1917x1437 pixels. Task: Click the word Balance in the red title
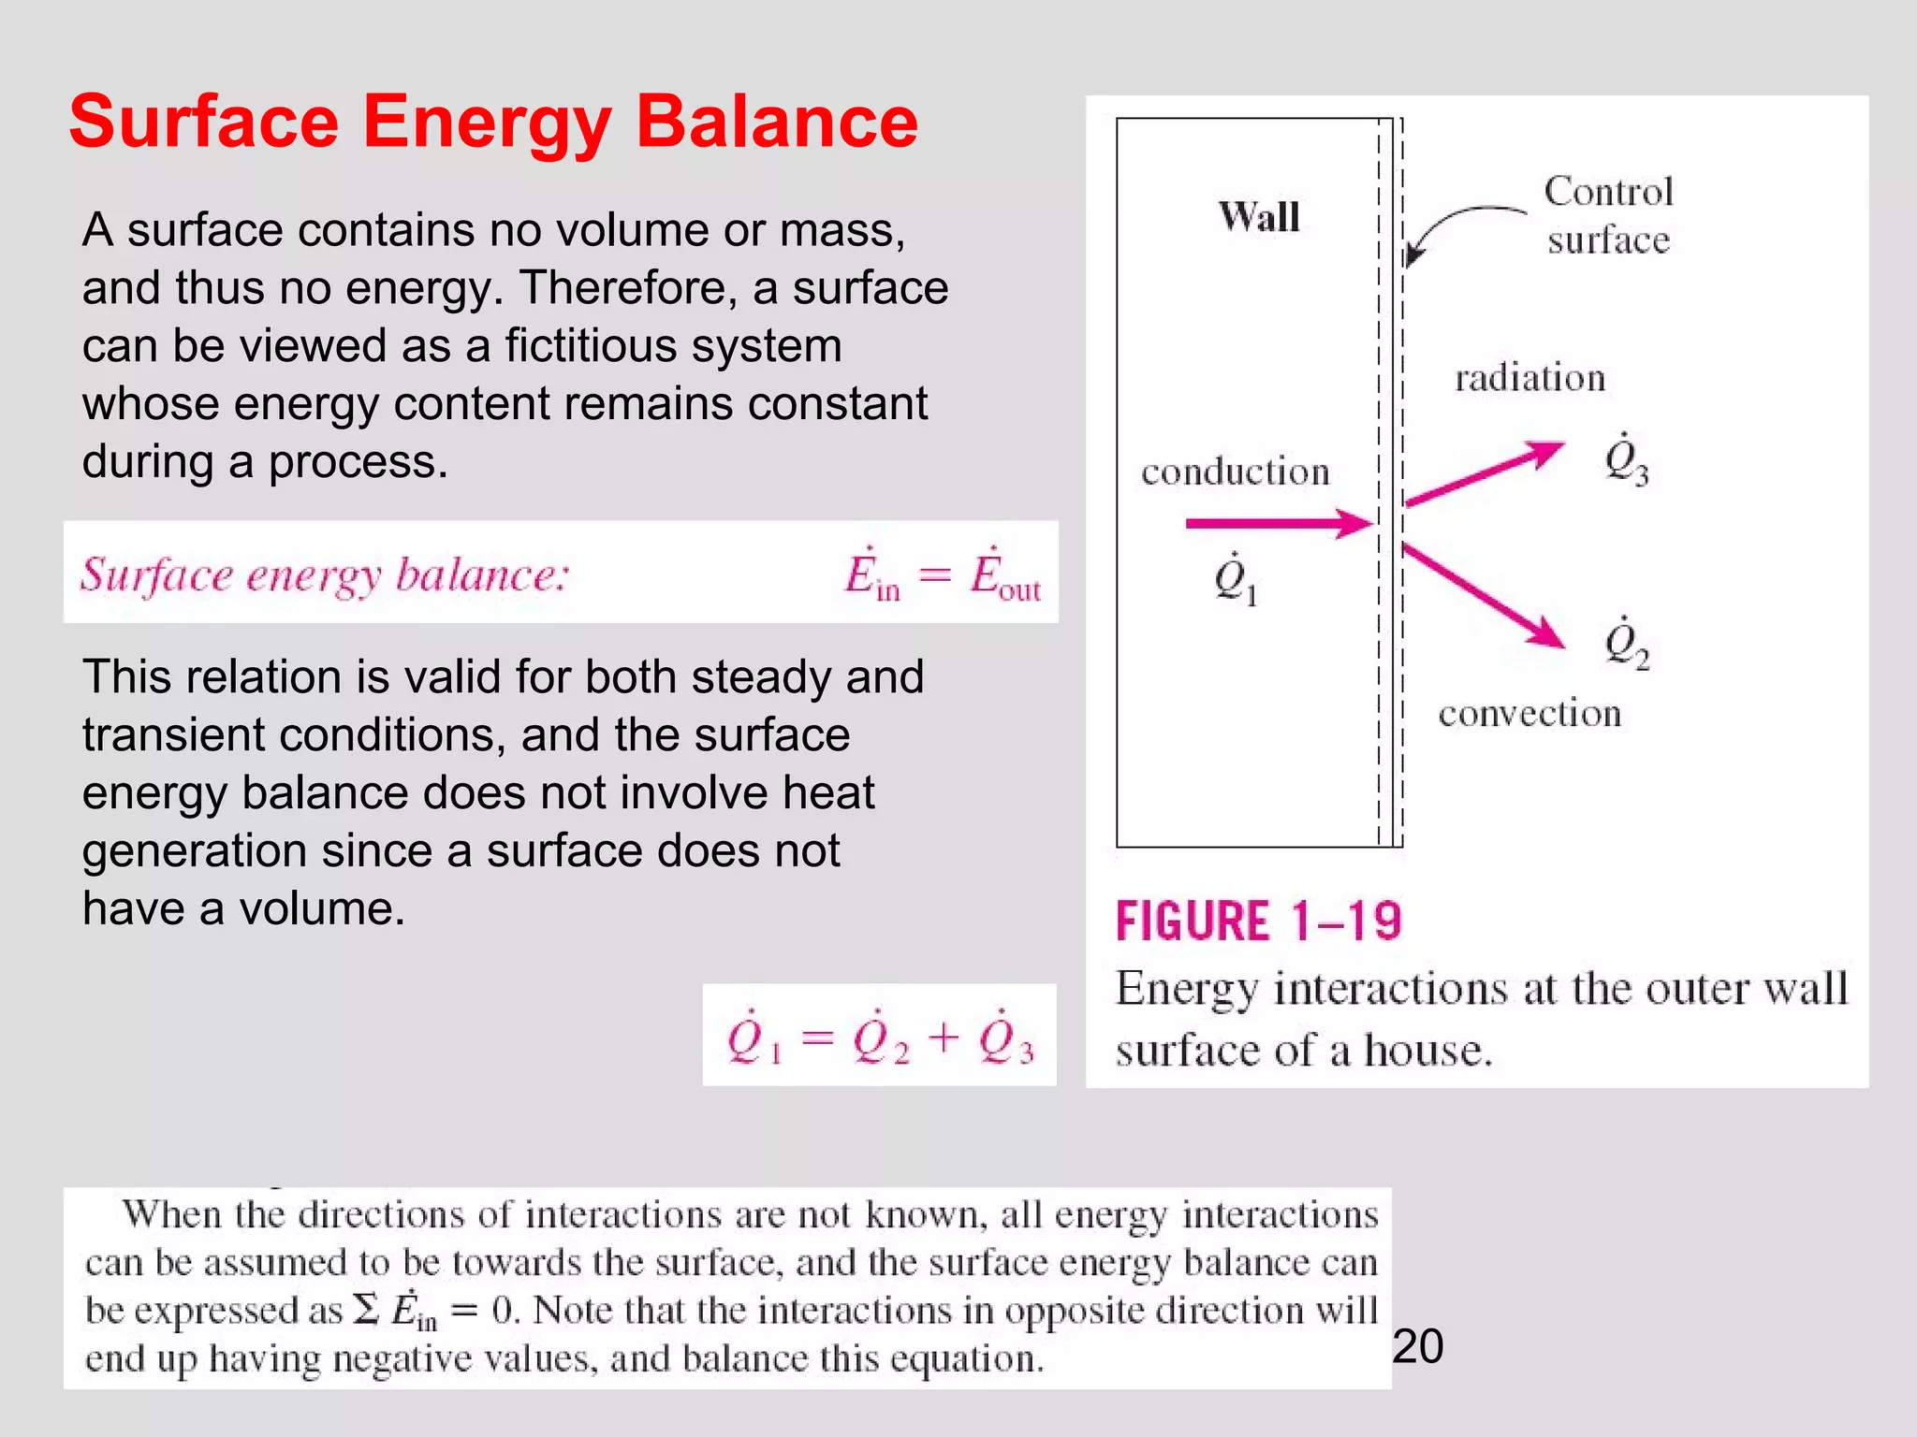point(776,123)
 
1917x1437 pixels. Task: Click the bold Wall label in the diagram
point(1259,217)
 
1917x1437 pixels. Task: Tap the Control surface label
point(1608,215)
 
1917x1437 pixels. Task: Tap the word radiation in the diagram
point(1529,378)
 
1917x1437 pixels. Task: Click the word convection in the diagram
point(1529,714)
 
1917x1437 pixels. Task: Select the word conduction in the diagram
point(1235,472)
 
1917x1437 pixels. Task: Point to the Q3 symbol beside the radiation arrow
point(1626,459)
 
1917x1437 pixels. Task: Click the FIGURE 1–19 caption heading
point(1258,921)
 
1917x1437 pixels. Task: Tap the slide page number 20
point(1417,1347)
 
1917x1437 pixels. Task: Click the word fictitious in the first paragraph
point(673,345)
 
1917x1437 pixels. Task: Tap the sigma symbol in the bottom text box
point(366,1310)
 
